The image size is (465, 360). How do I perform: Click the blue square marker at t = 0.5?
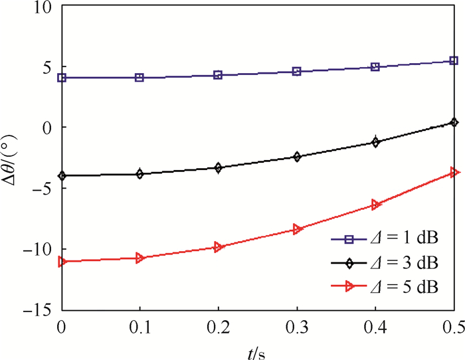454,60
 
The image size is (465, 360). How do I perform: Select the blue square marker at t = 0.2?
218,75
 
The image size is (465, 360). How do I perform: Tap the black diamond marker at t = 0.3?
297,157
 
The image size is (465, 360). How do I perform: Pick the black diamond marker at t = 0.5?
454,122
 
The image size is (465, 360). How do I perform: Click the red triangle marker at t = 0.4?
376,205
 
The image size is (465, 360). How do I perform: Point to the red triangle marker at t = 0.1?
139,258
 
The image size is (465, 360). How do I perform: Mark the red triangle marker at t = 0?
62,262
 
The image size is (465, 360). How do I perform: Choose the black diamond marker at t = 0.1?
139,174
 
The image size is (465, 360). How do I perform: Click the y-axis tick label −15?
40,310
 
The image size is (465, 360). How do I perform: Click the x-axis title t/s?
258,350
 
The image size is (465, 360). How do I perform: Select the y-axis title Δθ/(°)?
11,159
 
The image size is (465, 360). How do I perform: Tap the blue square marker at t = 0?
62,78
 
